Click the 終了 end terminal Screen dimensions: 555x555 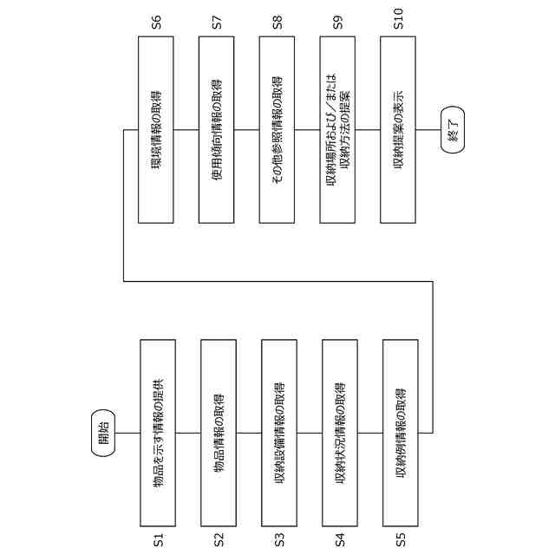452,130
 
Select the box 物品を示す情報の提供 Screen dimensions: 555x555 158,432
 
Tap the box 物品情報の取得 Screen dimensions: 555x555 219,432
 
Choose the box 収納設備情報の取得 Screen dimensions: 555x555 279,432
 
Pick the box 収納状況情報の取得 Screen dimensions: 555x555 339,432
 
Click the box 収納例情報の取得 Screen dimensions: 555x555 400,432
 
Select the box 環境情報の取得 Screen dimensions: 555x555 156,130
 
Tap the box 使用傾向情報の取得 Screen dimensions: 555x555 217,130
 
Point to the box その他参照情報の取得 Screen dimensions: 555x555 277,130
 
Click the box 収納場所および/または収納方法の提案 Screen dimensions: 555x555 338,130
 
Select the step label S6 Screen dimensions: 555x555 156,23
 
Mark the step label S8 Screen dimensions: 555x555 277,23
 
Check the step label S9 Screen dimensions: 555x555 338,23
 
